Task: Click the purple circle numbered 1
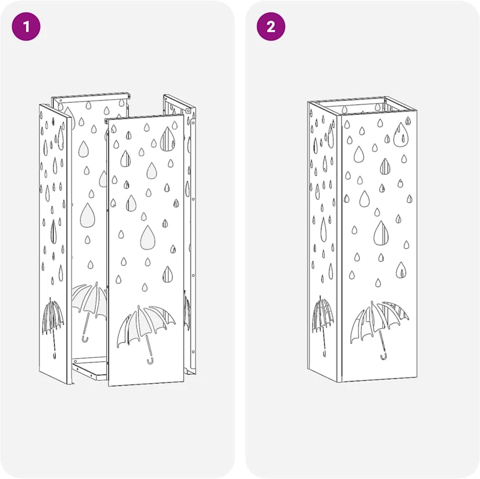point(26,26)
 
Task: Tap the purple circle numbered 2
point(271,26)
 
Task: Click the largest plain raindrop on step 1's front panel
point(148,238)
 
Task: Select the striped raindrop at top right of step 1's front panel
point(167,139)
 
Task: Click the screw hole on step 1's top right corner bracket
point(188,111)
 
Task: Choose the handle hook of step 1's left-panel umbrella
point(55,356)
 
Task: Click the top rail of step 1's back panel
point(91,97)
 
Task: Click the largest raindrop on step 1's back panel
point(88,215)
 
